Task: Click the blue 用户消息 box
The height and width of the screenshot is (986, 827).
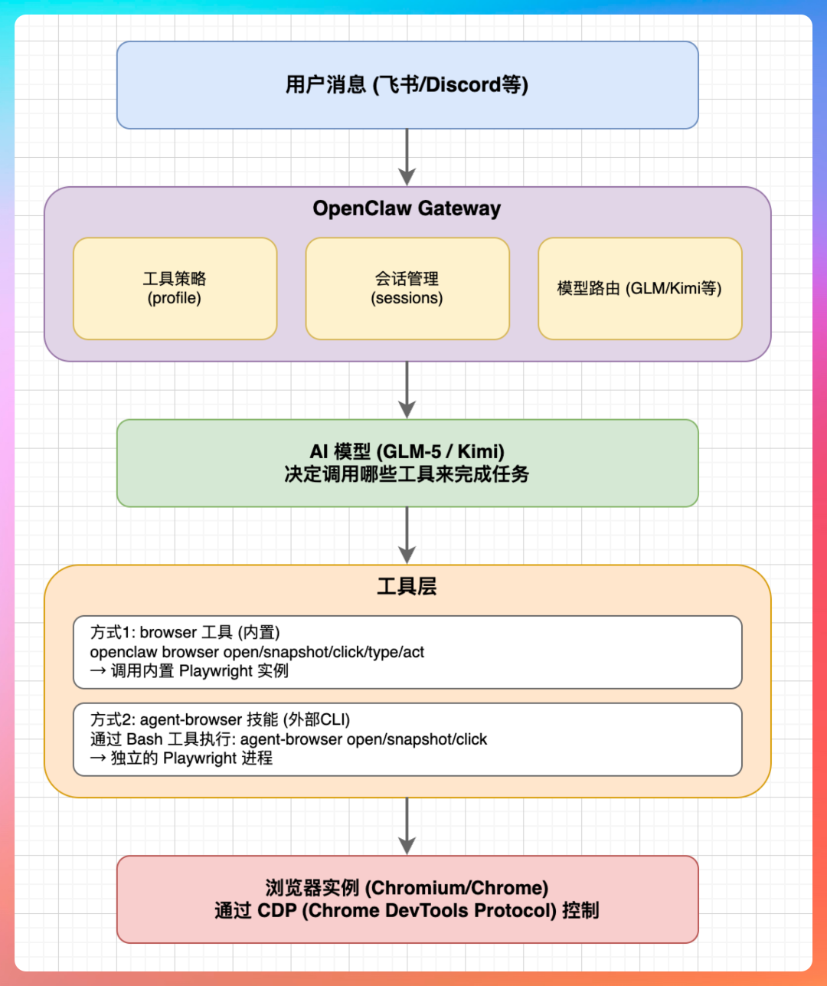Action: point(407,84)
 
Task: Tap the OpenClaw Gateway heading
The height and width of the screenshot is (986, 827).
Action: point(407,208)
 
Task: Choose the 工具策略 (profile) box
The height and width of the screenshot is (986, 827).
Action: point(175,288)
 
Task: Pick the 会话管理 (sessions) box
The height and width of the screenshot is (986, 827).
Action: point(407,288)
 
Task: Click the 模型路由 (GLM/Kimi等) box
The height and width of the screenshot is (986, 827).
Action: point(639,288)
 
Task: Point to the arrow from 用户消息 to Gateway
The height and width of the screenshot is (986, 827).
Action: point(407,157)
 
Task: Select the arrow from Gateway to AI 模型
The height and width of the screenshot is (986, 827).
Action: point(407,390)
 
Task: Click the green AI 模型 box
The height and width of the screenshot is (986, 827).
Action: point(407,463)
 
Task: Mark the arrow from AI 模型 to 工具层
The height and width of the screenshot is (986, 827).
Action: point(407,536)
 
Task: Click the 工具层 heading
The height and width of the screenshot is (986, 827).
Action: point(407,587)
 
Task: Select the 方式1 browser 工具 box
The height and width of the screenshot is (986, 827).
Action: point(407,651)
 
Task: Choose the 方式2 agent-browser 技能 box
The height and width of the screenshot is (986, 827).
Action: point(407,739)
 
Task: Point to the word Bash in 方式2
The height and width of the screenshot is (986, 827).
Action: point(144,739)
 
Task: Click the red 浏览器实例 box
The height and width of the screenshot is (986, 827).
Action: point(407,899)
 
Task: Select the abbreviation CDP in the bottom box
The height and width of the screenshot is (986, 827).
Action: point(276,911)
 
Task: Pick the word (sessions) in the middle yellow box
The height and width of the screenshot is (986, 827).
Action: point(407,298)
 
